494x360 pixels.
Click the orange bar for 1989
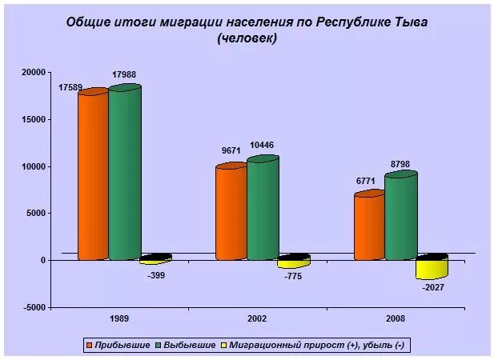point(92,176)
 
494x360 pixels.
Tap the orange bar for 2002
point(231,212)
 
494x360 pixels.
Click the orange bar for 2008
point(369,226)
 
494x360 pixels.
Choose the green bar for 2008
point(400,216)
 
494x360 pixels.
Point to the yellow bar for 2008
point(431,267)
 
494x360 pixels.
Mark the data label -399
point(156,275)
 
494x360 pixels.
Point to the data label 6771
point(366,182)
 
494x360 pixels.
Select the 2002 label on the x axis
point(256,318)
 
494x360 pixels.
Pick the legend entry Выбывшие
point(191,345)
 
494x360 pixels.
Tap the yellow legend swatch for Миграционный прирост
point(224,345)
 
